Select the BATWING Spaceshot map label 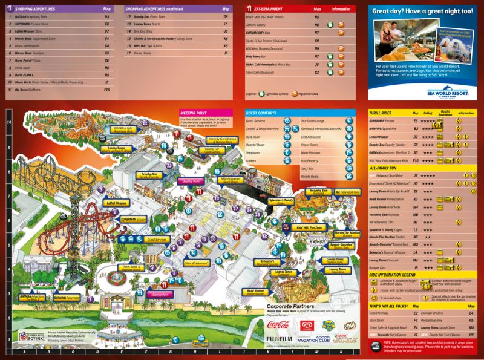(66, 298)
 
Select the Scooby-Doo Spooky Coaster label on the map (149, 175)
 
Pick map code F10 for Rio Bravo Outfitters (106, 90)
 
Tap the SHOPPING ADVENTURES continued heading (160, 9)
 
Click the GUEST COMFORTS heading (263, 113)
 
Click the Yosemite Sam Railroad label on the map (319, 192)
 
